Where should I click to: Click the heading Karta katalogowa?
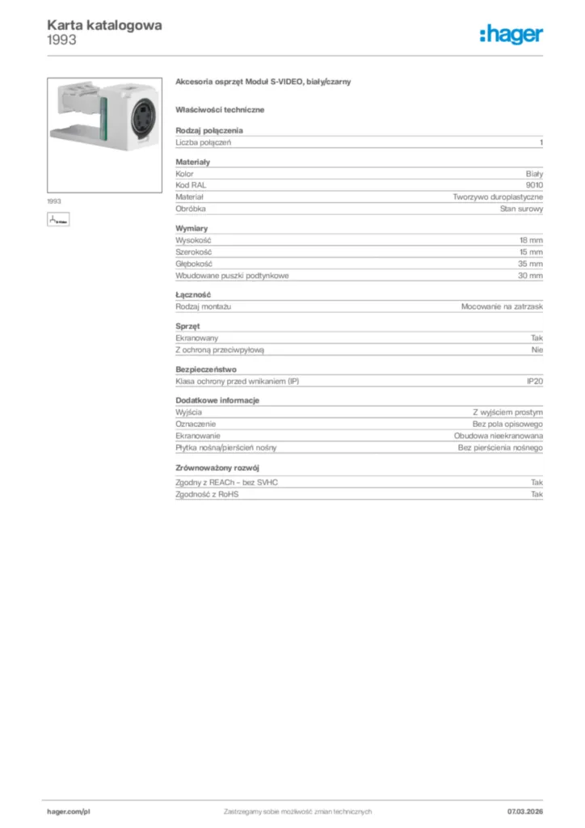pyautogui.click(x=104, y=25)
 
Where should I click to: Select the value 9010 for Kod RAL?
pyautogui.click(x=535, y=185)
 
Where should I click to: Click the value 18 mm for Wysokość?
pyautogui.click(x=531, y=241)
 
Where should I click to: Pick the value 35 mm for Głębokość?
pyautogui.click(x=531, y=264)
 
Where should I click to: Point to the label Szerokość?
pyautogui.click(x=194, y=252)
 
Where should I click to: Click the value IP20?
pyautogui.click(x=535, y=381)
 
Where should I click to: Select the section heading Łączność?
pyautogui.click(x=193, y=295)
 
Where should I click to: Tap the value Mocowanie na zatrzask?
pyautogui.click(x=502, y=307)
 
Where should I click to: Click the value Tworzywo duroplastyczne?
pyautogui.click(x=498, y=196)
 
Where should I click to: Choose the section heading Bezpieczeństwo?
pyautogui.click(x=206, y=369)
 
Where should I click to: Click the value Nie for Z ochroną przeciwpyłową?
pyautogui.click(x=537, y=349)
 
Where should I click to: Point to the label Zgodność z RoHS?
pyautogui.click(x=207, y=493)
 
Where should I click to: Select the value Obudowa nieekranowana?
pyautogui.click(x=499, y=436)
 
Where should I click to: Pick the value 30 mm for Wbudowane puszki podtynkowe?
pyautogui.click(x=531, y=276)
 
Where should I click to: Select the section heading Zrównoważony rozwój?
pyautogui.click(x=217, y=468)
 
